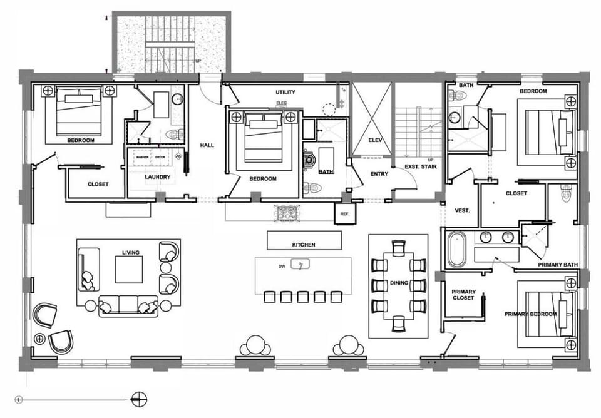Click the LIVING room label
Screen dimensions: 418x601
(x=130, y=252)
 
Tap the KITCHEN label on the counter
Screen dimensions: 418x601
(x=304, y=245)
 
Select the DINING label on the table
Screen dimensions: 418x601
(x=399, y=283)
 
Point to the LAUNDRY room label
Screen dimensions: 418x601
(x=158, y=177)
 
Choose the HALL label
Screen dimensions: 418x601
(x=207, y=145)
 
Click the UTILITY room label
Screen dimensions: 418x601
(x=285, y=93)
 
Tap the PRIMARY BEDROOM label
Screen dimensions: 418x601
(x=530, y=313)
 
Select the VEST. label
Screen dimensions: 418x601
(x=462, y=210)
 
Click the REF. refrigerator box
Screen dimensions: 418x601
(x=344, y=213)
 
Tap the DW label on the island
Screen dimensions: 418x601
(x=282, y=266)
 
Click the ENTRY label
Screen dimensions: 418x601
(x=379, y=173)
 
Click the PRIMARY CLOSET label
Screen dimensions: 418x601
(x=464, y=295)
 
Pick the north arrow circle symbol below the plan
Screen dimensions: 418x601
(x=139, y=398)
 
